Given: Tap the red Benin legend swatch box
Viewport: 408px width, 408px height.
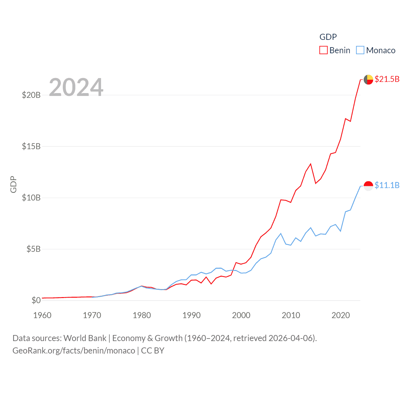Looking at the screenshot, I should (324, 50).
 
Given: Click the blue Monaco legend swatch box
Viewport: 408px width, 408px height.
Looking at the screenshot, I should (360, 50).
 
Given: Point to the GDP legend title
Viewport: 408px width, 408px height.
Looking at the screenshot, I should (328, 37).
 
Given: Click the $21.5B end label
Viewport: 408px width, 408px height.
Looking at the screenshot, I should (387, 79).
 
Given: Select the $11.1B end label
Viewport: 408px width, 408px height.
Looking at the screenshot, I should (387, 185).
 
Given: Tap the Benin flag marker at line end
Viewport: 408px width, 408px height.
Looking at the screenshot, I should (368, 79).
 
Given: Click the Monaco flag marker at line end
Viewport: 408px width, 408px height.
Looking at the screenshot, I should (368, 186).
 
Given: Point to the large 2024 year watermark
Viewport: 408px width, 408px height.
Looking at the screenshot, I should (76, 87).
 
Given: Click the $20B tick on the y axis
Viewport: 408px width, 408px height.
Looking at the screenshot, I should (31, 95).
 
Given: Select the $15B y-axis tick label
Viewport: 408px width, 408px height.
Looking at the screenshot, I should (31, 146).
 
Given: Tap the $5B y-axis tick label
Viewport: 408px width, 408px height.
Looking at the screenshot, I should (33, 249).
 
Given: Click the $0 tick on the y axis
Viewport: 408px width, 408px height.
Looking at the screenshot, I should (36, 300).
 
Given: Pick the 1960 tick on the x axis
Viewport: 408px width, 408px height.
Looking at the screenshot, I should (42, 315).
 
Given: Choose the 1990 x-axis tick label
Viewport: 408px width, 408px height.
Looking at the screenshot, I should (192, 315).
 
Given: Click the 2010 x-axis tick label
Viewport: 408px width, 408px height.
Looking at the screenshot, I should (291, 315).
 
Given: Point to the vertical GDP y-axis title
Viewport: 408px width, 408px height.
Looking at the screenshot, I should (13, 185).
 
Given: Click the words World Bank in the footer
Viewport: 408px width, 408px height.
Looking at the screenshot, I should (85, 338).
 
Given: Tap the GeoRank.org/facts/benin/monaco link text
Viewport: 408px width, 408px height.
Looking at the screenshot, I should (74, 351).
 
